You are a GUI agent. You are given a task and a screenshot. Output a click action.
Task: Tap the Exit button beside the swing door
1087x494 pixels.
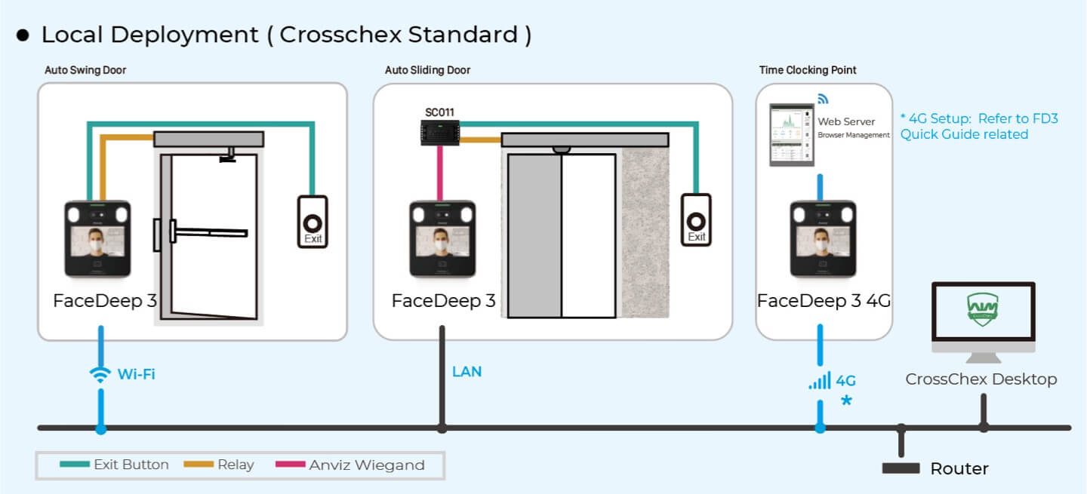(312, 221)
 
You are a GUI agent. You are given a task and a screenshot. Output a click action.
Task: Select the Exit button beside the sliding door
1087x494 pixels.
(696, 219)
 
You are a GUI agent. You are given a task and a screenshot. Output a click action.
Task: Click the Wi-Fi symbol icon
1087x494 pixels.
(100, 375)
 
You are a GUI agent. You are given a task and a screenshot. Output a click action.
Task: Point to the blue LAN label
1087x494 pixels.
(467, 371)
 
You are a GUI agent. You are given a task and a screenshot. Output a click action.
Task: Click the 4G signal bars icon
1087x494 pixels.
(820, 381)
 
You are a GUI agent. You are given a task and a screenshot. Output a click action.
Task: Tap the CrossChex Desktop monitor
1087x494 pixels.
(983, 318)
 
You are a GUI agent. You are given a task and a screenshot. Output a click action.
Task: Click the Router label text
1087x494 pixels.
(959, 469)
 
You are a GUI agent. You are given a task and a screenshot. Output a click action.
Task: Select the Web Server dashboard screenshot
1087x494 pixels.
(790, 135)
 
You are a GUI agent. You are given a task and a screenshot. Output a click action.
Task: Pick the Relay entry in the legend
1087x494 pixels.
(220, 465)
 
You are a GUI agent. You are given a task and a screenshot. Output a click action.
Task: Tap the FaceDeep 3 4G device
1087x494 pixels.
(822, 238)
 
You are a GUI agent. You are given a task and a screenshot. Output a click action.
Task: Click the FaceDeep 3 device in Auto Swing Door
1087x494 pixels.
(97, 238)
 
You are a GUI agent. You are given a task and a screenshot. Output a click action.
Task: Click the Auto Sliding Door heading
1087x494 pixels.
(427, 70)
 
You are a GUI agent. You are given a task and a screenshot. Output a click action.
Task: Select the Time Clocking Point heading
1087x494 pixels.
(808, 70)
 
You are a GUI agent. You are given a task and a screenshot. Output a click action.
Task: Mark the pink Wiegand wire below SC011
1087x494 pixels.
(441, 174)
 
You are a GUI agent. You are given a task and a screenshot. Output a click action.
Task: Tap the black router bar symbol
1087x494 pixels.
(901, 468)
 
